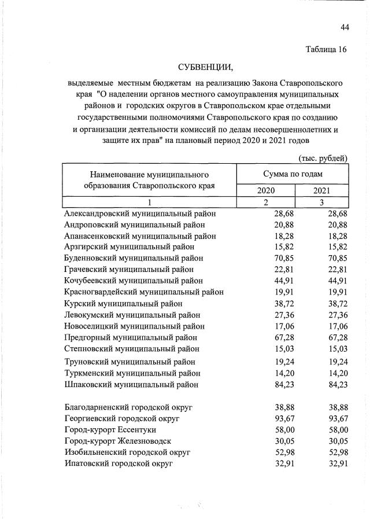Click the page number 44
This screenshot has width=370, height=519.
(345, 27)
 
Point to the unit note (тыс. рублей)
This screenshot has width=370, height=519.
(323, 157)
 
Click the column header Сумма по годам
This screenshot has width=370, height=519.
(293, 174)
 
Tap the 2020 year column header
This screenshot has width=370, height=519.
(266, 190)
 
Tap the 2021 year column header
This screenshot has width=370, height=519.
(322, 190)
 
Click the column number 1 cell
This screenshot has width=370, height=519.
(150, 202)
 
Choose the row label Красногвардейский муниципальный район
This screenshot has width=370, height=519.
(144, 292)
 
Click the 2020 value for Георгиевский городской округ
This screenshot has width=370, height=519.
(283, 418)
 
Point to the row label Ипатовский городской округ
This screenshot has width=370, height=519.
(118, 463)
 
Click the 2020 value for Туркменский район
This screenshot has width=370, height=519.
(283, 373)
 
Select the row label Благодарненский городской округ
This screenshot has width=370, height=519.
(128, 407)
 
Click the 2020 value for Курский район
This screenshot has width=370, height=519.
(283, 303)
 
